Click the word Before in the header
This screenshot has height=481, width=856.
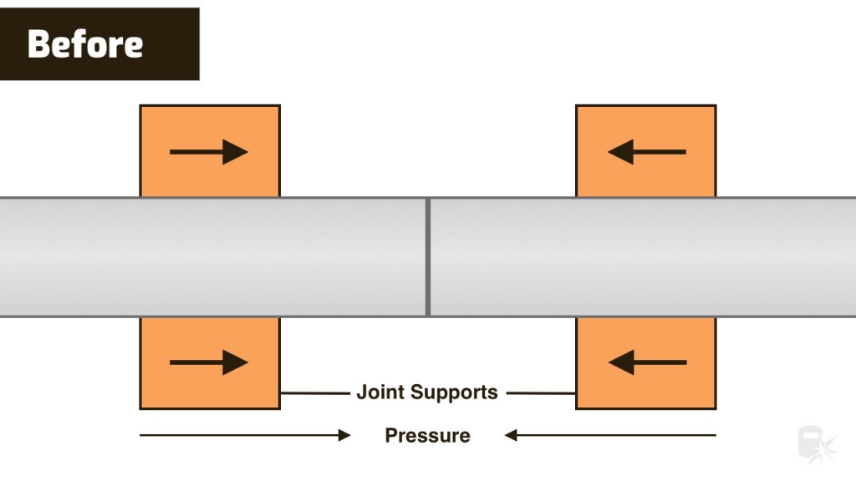tap(84, 43)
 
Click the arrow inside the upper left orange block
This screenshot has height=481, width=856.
tap(209, 152)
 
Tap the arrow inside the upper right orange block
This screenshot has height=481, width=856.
tap(646, 152)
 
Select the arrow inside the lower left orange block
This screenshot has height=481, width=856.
tap(209, 362)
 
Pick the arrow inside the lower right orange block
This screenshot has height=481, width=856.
tap(646, 362)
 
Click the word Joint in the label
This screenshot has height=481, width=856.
tap(380, 392)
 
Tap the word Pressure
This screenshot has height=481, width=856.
tap(427, 435)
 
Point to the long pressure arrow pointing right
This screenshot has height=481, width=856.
tap(242, 435)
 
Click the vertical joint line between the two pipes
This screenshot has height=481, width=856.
tap(428, 257)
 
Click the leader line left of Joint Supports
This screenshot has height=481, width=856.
tap(315, 392)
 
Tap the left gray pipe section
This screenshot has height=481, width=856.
tap(209, 257)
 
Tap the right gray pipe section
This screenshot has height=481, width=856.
tap(644, 257)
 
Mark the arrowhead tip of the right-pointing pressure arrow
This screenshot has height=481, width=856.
tap(349, 435)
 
